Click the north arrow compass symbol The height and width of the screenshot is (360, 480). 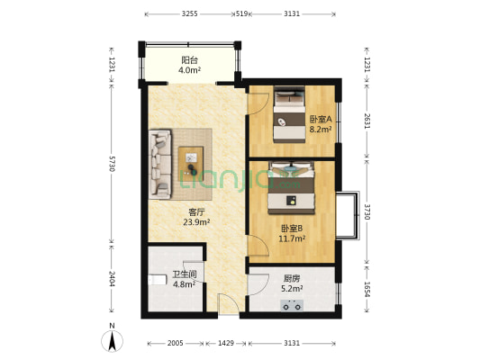click(112, 340)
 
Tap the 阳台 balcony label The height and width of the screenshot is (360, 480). click(189, 59)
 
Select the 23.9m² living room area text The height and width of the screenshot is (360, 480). click(196, 222)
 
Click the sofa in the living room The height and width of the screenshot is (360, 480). click(160, 164)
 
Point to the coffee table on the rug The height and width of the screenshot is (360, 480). click(191, 164)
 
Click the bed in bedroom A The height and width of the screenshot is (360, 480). click(289, 114)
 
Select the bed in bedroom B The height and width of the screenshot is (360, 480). click(292, 187)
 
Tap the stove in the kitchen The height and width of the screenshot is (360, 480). click(292, 306)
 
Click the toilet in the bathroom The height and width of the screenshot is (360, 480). click(157, 280)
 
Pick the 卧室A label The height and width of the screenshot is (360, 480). click(321, 119)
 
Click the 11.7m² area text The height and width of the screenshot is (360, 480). click(292, 238)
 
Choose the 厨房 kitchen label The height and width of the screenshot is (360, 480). click(292, 278)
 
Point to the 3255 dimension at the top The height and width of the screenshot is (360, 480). click(189, 13)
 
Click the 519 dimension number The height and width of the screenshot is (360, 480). click(241, 13)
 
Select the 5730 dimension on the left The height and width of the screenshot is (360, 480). click(112, 164)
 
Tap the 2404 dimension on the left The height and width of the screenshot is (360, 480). click(112, 279)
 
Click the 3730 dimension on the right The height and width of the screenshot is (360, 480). click(367, 211)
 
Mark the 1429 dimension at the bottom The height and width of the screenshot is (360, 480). click(226, 343)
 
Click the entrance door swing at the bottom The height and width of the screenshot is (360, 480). click(229, 303)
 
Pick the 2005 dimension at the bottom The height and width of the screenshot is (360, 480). click(175, 343)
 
